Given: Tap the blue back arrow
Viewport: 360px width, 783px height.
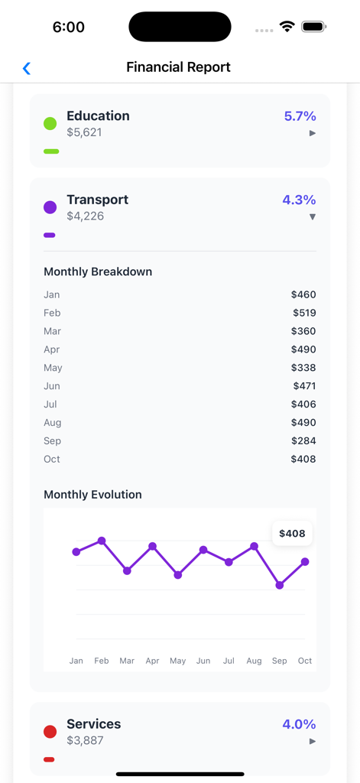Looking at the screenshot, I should tap(27, 68).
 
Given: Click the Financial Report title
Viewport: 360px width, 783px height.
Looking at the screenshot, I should tap(178, 67).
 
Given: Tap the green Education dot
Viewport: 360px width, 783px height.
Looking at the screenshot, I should tap(50, 123).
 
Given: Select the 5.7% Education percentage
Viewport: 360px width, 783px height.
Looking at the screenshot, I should tap(300, 116).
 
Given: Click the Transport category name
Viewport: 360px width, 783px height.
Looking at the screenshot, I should tap(97, 200).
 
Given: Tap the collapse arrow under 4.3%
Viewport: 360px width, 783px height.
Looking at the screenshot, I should tap(312, 217).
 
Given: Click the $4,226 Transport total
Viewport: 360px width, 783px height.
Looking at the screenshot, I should tap(85, 216).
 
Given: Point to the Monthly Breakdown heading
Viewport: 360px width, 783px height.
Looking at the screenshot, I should tap(98, 271).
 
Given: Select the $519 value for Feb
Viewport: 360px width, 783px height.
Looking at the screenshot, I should tap(304, 313).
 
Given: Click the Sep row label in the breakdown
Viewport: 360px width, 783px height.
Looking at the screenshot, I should tap(52, 441).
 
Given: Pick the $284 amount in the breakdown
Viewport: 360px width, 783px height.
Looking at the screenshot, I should tap(303, 441).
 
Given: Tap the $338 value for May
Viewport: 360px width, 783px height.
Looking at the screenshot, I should tap(303, 368).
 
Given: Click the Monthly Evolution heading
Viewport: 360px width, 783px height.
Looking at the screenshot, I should tap(92, 495).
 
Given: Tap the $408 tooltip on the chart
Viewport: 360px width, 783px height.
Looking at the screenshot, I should tap(292, 534).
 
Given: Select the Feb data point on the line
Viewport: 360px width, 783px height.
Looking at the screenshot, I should tap(102, 541).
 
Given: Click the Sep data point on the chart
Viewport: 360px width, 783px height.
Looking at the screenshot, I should tap(280, 586).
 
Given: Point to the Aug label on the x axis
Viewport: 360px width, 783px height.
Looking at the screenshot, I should tap(254, 661).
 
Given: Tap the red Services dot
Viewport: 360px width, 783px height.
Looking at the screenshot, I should tap(50, 732).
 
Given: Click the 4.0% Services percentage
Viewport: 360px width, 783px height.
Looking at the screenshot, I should tap(299, 724).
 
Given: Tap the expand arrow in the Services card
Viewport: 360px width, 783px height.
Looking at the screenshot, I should tap(312, 742).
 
